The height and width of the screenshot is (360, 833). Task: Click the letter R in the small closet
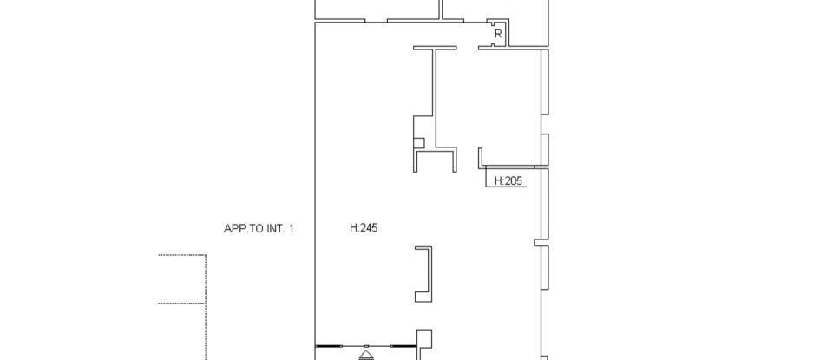pos(498,34)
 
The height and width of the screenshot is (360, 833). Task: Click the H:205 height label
pos(508,181)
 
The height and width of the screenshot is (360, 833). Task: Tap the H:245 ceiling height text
pos(364,228)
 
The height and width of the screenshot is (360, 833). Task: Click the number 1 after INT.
pos(292,229)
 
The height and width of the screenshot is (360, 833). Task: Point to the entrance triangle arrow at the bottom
pos(365,354)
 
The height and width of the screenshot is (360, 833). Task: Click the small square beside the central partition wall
pos(419,143)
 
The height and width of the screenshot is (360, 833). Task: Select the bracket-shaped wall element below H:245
pos(425,274)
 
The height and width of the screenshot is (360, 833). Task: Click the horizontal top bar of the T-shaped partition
pos(435,49)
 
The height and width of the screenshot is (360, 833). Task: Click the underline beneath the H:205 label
pos(506,187)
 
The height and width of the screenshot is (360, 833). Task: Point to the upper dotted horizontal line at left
pos(181,255)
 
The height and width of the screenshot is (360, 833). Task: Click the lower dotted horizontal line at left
pos(181,304)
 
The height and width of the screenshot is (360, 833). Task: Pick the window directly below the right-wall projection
pos(546,268)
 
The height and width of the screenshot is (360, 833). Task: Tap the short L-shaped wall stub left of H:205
pos(480,158)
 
